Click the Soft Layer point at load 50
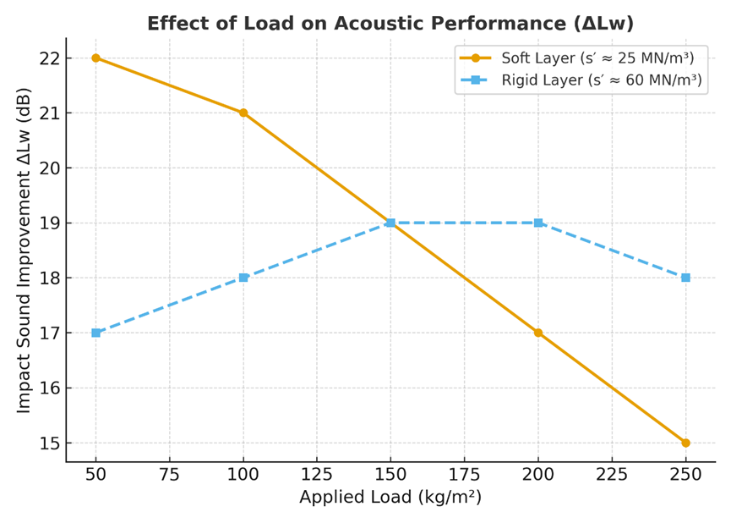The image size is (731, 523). (95, 58)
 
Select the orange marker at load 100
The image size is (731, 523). (243, 113)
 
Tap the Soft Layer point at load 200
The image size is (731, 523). (538, 333)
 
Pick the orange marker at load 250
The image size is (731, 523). (685, 443)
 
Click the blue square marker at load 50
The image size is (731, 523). (95, 333)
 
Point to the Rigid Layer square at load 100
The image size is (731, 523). (243, 278)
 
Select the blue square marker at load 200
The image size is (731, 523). (538, 223)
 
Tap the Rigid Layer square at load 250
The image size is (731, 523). (685, 278)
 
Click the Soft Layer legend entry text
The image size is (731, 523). (597, 58)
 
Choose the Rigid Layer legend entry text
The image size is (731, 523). (601, 80)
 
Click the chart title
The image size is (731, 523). (390, 23)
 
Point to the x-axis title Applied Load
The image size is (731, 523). (390, 497)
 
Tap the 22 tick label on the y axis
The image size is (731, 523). (49, 58)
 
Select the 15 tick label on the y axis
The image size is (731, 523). (49, 443)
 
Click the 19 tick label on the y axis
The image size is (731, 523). (49, 223)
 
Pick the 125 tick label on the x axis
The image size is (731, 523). (317, 475)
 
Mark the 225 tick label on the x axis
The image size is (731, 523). (612, 475)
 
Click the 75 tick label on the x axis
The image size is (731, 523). (169, 475)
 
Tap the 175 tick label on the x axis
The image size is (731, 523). (464, 475)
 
